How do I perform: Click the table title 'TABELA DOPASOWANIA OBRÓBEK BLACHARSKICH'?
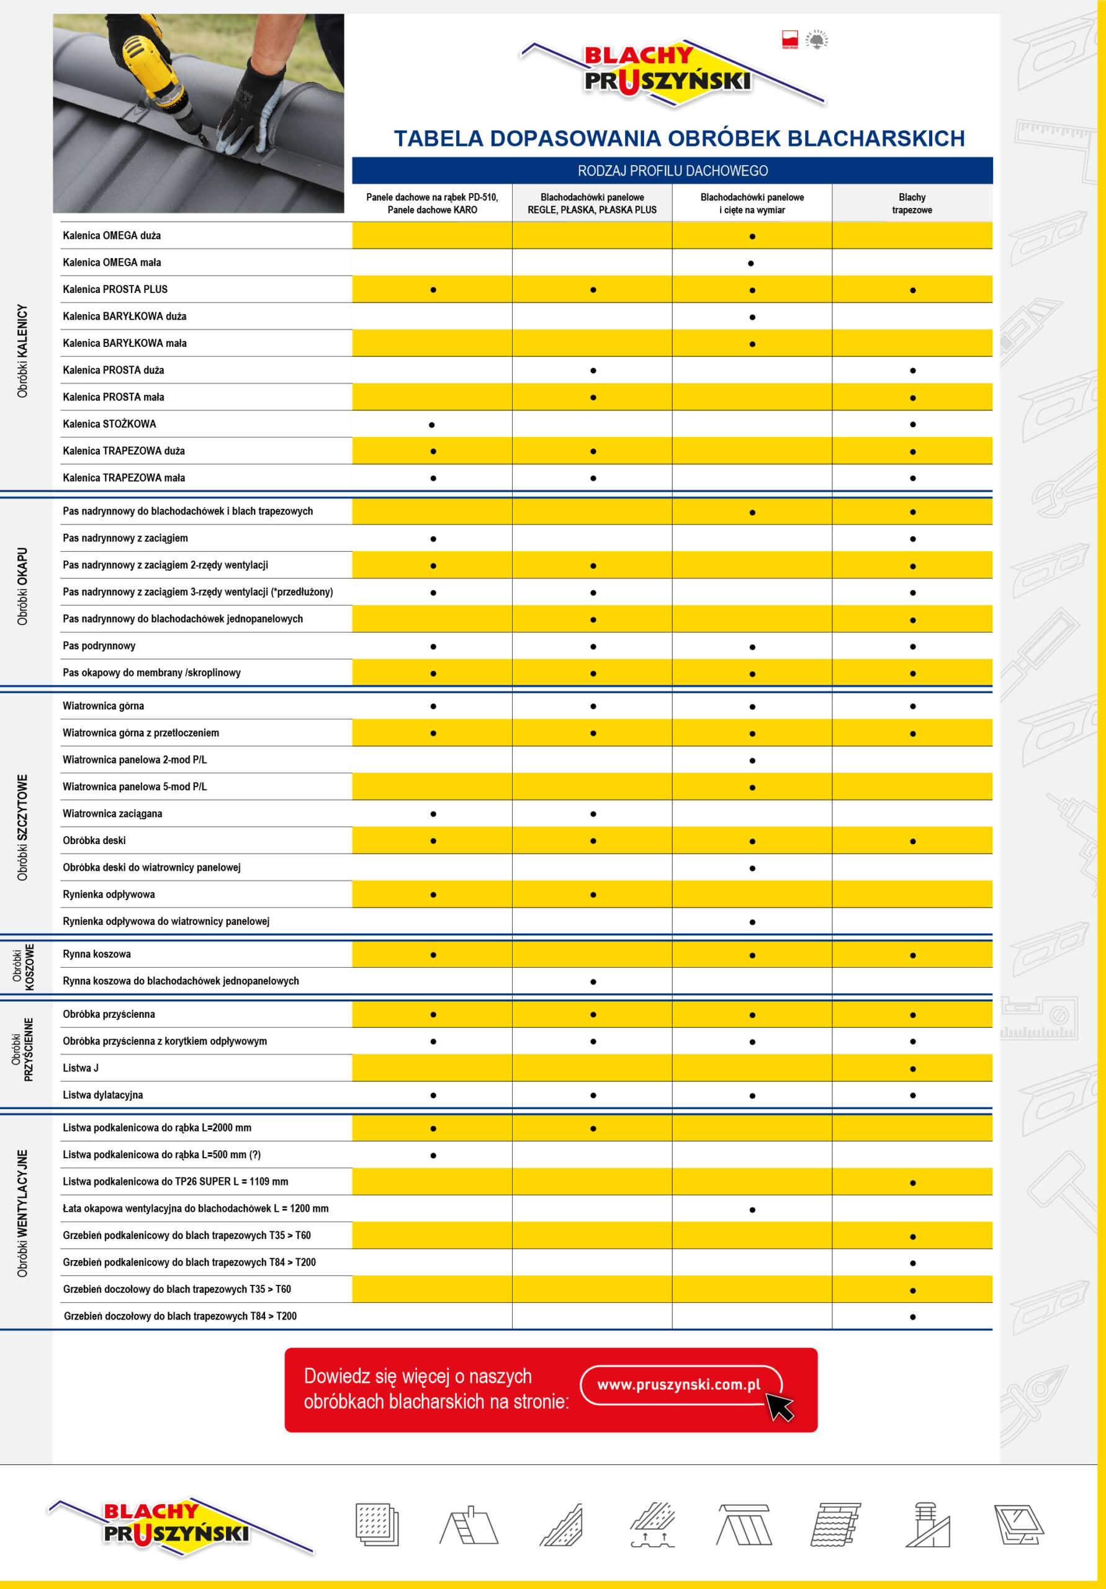pyautogui.click(x=679, y=138)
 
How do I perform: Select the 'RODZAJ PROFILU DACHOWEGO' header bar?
pyautogui.click(x=672, y=170)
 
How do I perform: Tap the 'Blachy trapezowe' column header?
pyautogui.click(x=912, y=204)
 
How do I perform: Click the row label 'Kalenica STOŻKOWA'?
pyautogui.click(x=109, y=423)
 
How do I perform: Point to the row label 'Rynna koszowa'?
pyautogui.click(x=97, y=953)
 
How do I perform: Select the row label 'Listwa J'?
pyautogui.click(x=80, y=1068)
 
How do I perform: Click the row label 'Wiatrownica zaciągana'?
pyautogui.click(x=112, y=813)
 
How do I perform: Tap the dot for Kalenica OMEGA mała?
pyautogui.click(x=752, y=263)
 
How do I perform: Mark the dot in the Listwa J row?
pyautogui.click(x=912, y=1069)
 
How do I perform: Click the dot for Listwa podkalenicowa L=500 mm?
pyautogui.click(x=433, y=1155)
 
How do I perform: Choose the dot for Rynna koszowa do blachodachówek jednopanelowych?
pyautogui.click(x=593, y=981)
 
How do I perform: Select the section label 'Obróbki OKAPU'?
pyautogui.click(x=22, y=586)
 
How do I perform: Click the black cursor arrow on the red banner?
pyautogui.click(x=780, y=1407)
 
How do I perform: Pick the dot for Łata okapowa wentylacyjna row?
pyautogui.click(x=752, y=1210)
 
